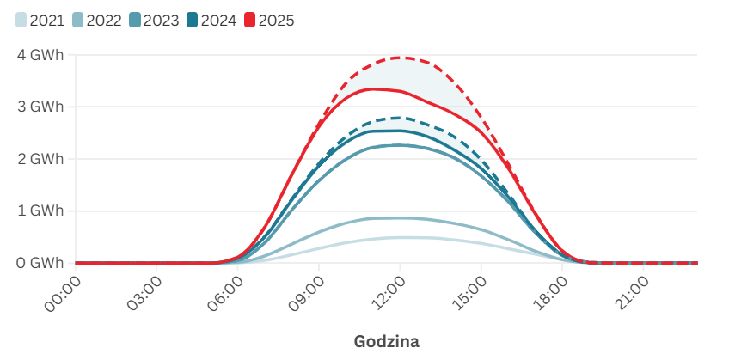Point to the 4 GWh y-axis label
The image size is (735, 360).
pos(40,55)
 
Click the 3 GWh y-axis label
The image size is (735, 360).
pos(40,107)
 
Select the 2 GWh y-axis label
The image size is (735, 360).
pos(40,159)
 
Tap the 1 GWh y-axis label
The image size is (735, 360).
pos(40,211)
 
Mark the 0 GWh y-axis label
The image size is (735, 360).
pos(40,263)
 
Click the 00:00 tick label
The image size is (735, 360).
pos(61,293)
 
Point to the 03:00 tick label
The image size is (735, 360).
pos(142,293)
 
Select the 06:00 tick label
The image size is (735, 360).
pos(224,293)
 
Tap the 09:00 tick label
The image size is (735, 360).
pos(304,293)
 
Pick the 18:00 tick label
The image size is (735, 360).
pos(548,293)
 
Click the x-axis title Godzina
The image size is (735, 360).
pos(386,341)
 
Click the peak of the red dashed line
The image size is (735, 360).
pos(398,58)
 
